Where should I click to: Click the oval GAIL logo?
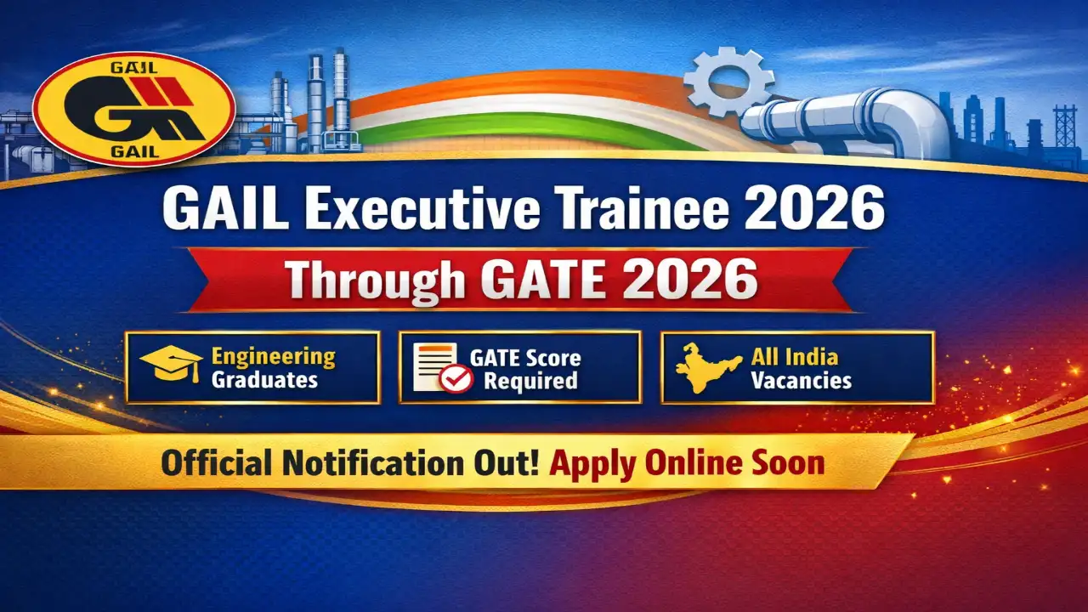click(x=134, y=109)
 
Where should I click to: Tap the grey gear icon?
click(x=729, y=81)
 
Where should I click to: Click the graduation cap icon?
click(x=172, y=364)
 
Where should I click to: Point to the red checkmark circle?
click(x=456, y=379)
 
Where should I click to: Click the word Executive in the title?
click(x=422, y=209)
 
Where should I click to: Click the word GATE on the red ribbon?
click(x=543, y=280)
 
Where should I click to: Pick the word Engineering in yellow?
click(x=274, y=358)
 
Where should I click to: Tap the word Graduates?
click(x=264, y=380)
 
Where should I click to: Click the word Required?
click(x=531, y=381)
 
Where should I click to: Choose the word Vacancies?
click(x=802, y=380)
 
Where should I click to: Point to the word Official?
click(x=216, y=463)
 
